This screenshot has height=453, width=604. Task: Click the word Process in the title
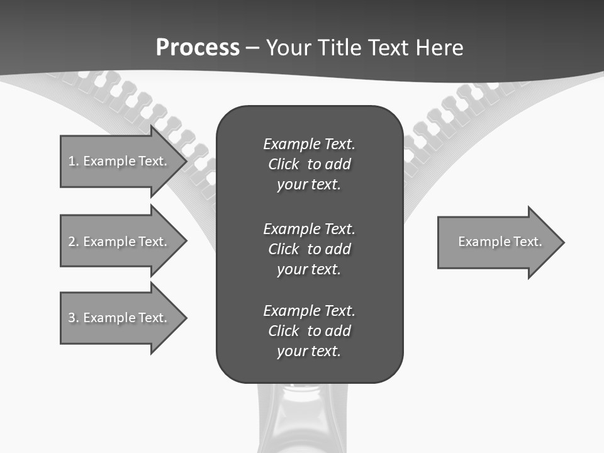coord(198,48)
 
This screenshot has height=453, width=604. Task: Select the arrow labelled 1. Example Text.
coord(120,161)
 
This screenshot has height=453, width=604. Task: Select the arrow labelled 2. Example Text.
coord(120,241)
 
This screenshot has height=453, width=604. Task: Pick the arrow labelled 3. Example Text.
coord(120,318)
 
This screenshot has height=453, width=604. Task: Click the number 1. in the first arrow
coord(74,161)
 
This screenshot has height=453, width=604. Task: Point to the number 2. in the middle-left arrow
coord(74,242)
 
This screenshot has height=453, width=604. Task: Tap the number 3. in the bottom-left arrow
coord(74,318)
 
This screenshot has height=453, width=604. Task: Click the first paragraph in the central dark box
coord(309,164)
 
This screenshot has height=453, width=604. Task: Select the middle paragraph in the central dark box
coord(309,249)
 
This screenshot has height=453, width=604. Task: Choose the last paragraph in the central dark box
coord(309,331)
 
